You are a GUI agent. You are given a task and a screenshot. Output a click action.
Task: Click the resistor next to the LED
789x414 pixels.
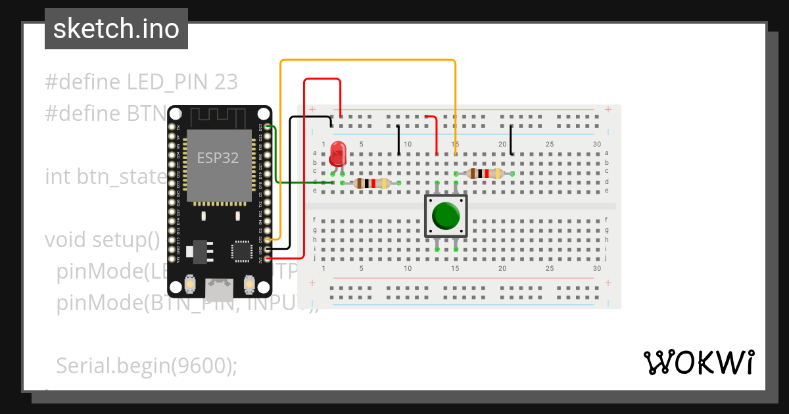pyautogui.click(x=372, y=183)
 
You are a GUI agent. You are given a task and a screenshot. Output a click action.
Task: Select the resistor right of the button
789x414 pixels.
pyautogui.click(x=483, y=173)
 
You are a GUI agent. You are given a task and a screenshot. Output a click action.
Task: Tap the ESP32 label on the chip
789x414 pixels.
pyautogui.click(x=218, y=158)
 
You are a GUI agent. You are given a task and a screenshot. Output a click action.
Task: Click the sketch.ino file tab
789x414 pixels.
pyautogui.click(x=116, y=29)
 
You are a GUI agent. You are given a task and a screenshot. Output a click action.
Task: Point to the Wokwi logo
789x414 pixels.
pyautogui.click(x=698, y=362)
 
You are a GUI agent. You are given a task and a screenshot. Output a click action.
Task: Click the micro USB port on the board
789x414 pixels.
pyautogui.click(x=219, y=288)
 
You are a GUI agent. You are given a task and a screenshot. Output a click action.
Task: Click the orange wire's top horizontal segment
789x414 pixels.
pyautogui.click(x=368, y=60)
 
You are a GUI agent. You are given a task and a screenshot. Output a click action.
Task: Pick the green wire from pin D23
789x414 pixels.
pyautogui.click(x=277, y=158)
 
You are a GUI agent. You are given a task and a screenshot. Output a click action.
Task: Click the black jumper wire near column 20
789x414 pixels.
pyautogui.click(x=512, y=139)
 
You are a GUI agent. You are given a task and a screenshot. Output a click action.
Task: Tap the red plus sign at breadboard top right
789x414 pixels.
pyautogui.click(x=609, y=109)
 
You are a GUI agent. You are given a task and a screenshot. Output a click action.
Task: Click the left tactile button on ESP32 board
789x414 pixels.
pyautogui.click(x=189, y=284)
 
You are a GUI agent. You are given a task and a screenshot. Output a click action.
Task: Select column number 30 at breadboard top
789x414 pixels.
pyautogui.click(x=597, y=144)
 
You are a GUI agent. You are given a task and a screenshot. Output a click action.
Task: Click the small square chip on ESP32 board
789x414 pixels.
pyautogui.click(x=241, y=252)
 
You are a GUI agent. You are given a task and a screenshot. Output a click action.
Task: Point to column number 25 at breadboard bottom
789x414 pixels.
pyautogui.click(x=550, y=268)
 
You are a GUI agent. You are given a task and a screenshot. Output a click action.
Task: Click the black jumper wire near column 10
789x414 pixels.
pyautogui.click(x=398, y=139)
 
